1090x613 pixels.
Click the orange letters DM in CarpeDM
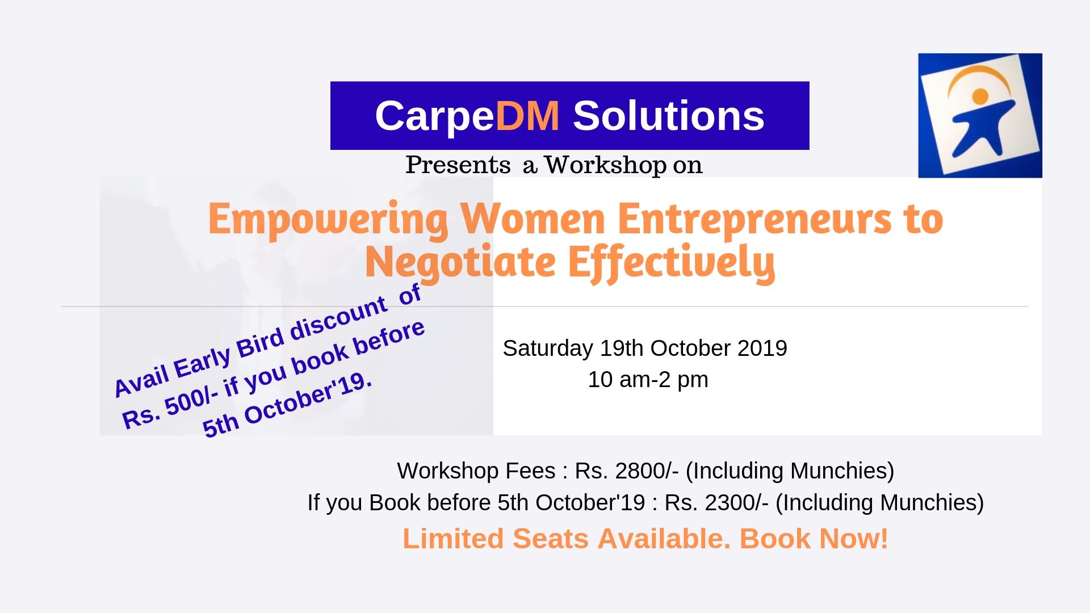(x=527, y=116)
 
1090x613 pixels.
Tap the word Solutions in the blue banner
(x=669, y=116)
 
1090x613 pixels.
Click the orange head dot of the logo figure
(x=980, y=96)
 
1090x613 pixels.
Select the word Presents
(x=458, y=165)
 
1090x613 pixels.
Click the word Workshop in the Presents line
(x=606, y=165)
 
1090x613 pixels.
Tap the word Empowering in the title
(x=328, y=220)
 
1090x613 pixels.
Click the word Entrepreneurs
(x=754, y=220)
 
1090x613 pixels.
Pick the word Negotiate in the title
(x=460, y=263)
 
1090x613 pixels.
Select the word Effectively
(x=672, y=263)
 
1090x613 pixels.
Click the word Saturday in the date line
(x=548, y=349)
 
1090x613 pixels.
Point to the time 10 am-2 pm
(x=648, y=380)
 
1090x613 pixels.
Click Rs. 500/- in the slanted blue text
(x=170, y=409)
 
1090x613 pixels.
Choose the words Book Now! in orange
(x=814, y=539)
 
